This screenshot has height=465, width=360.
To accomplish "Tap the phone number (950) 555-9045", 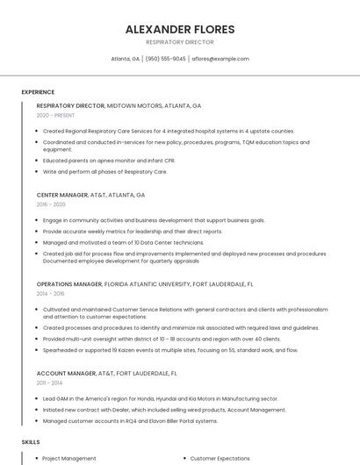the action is click(166, 59).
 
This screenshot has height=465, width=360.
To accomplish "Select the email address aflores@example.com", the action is click(220, 59).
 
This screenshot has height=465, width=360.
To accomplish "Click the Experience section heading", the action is click(38, 91).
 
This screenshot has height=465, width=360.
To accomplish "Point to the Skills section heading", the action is click(31, 442).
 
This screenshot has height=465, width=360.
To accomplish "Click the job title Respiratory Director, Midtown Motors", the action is click(119, 105).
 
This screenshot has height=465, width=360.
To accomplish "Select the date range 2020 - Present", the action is click(55, 115).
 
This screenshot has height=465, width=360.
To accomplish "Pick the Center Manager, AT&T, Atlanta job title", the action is click(90, 195).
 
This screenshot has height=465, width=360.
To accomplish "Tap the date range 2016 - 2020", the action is click(51, 204).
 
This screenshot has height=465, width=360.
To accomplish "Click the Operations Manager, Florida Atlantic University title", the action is click(145, 284).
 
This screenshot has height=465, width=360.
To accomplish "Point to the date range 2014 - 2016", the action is click(50, 294).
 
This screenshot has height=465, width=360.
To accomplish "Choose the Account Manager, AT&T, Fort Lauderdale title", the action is click(106, 373).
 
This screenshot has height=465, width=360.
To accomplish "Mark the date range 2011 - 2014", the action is click(50, 383).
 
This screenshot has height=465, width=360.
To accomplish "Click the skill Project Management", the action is click(69, 458).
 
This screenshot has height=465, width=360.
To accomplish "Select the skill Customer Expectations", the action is click(220, 458).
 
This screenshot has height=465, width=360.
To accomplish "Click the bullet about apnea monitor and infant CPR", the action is click(109, 161).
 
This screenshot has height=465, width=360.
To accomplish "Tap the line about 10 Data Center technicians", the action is click(123, 242).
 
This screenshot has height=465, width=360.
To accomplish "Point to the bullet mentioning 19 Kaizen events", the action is click(170, 350).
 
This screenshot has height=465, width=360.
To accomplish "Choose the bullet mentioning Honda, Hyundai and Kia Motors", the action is click(160, 398).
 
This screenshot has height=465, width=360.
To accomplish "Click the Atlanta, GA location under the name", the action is click(125, 59).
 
